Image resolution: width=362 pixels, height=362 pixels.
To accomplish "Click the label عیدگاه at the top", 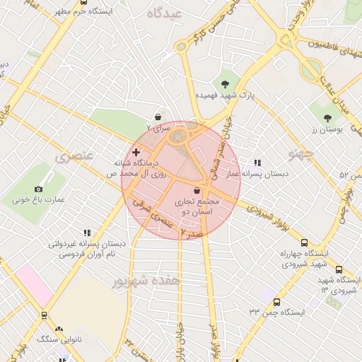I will (163, 13).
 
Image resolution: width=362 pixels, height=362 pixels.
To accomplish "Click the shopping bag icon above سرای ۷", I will (157, 117).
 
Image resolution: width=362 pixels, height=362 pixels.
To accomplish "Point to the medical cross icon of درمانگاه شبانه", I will (136, 152).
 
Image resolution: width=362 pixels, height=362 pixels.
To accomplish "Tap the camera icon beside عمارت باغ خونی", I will (38, 189).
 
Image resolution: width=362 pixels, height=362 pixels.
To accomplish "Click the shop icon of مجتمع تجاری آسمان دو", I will (197, 191).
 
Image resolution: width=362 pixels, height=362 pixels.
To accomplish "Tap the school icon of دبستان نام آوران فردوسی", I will (87, 233).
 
